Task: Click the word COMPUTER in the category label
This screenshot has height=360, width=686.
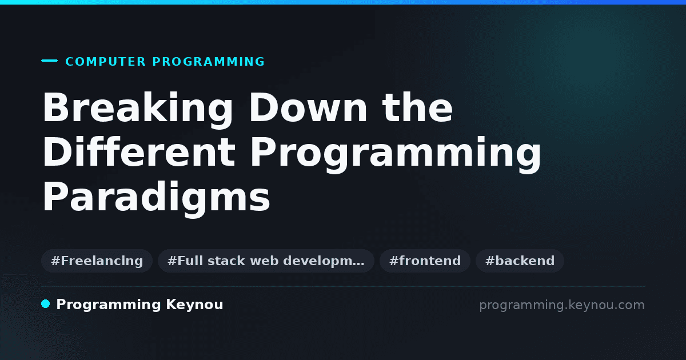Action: (x=105, y=62)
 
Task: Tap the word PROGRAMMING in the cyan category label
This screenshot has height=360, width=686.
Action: (x=208, y=62)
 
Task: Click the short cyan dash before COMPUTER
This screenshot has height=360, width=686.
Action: (x=49, y=61)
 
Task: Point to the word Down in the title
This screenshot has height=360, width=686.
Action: (x=308, y=108)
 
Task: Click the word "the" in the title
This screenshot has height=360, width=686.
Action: (x=417, y=107)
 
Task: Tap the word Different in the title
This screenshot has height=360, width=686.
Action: (x=139, y=152)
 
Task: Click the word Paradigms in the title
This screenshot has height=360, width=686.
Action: (x=156, y=198)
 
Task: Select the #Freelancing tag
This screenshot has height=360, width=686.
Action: (x=97, y=261)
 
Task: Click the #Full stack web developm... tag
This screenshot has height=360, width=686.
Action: (x=266, y=261)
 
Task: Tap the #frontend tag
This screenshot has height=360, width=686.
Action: (x=425, y=261)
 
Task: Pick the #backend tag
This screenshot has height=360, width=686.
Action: (x=520, y=261)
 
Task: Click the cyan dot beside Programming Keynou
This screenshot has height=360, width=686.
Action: (x=45, y=304)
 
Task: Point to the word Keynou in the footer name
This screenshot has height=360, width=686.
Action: (x=194, y=305)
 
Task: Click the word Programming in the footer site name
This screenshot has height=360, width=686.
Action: (x=109, y=305)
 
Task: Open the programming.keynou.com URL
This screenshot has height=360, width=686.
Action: (x=562, y=305)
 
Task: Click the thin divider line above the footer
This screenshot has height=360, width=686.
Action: (x=343, y=286)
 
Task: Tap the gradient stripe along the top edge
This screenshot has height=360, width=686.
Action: (x=343, y=2)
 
